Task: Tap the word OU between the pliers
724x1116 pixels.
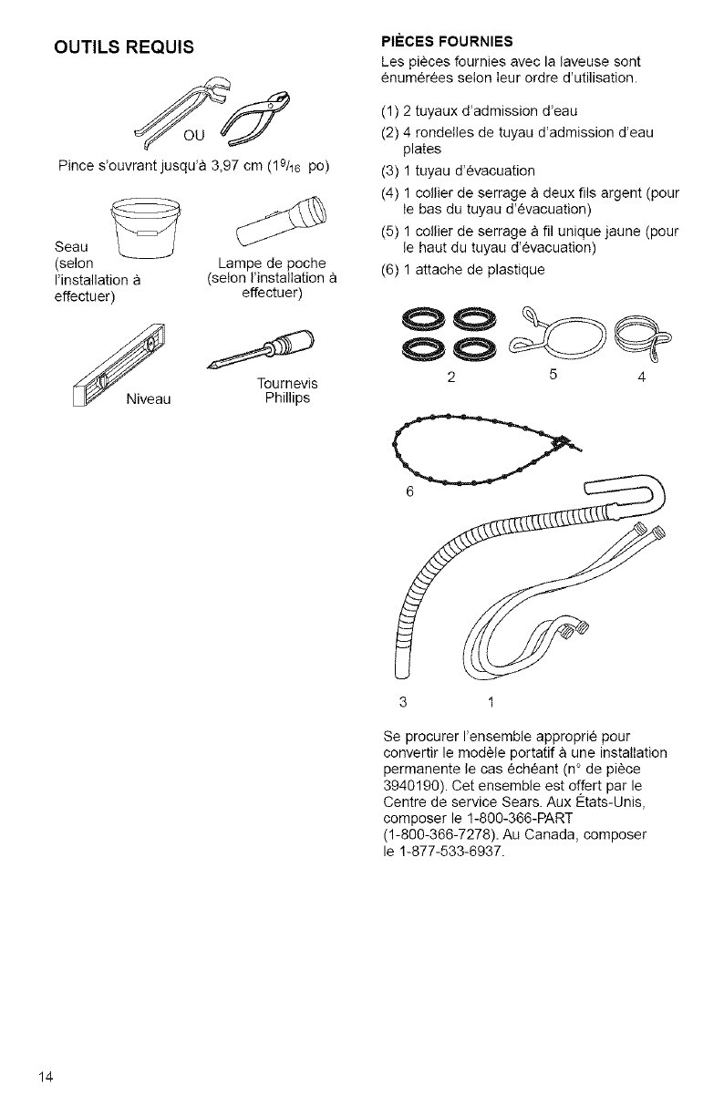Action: [194, 138]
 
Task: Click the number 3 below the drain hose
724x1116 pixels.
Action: [401, 701]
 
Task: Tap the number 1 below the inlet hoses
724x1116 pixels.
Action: [491, 701]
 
